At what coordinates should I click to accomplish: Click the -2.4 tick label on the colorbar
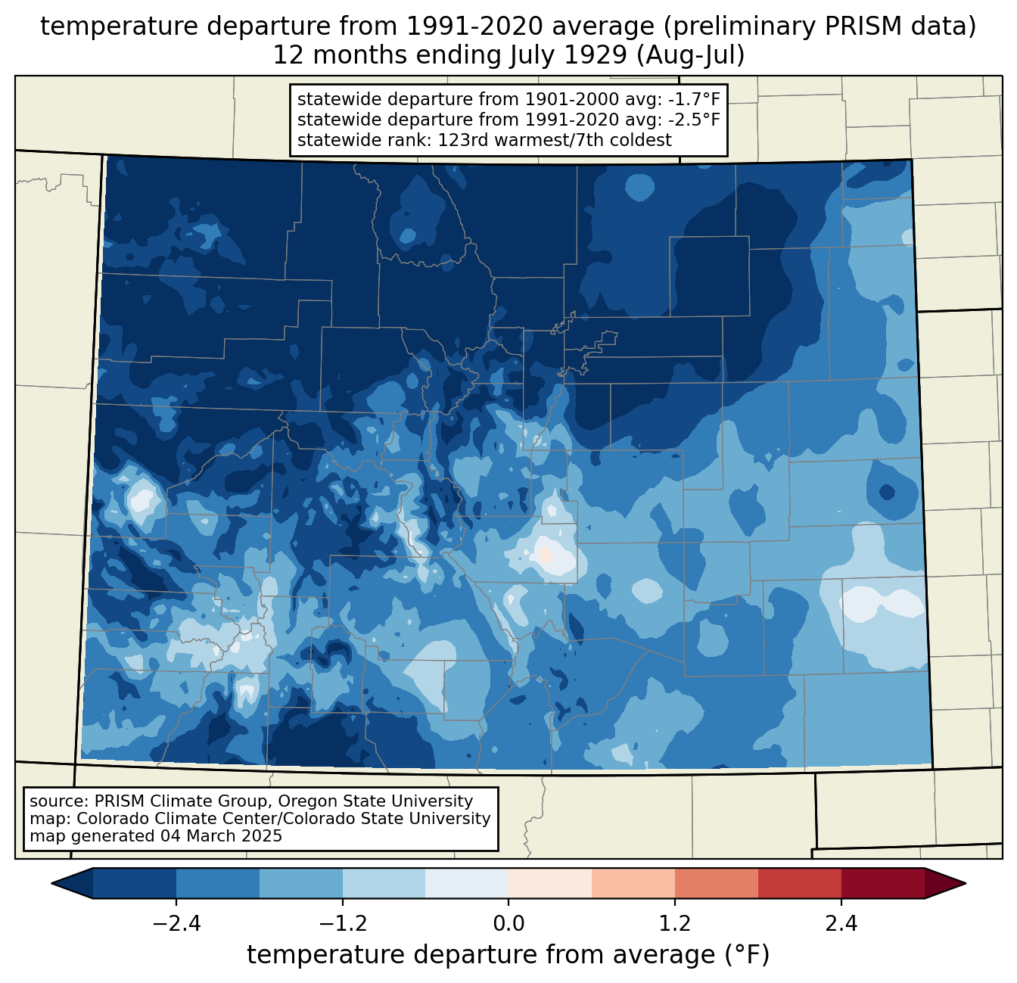click(x=176, y=924)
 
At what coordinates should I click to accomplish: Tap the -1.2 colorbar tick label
click(x=343, y=924)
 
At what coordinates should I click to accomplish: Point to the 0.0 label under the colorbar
click(x=508, y=924)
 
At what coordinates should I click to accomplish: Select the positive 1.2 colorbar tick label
click(x=675, y=924)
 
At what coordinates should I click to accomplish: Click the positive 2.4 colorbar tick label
click(x=841, y=924)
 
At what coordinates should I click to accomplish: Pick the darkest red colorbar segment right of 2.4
click(x=882, y=883)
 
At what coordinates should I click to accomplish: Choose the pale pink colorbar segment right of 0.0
click(x=550, y=883)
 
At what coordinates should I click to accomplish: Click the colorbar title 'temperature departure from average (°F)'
click(x=508, y=955)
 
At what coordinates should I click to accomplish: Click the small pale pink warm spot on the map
click(x=545, y=555)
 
